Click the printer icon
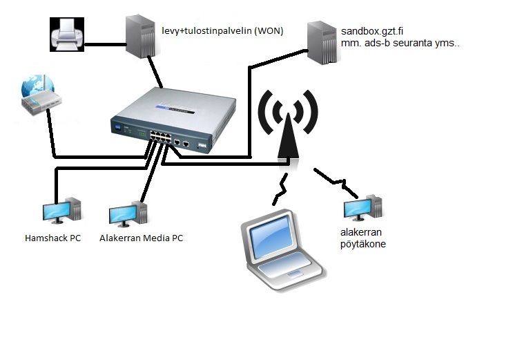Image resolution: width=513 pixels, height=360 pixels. (67, 35)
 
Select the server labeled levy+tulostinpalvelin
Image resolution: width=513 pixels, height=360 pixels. (141, 37)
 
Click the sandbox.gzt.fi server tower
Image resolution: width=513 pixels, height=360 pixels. (322, 43)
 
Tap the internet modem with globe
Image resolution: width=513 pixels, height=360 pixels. (41, 95)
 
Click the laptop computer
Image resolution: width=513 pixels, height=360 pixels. (282, 250)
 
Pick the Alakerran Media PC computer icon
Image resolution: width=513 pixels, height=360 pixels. (128, 214)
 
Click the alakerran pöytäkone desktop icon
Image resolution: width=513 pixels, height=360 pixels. (363, 208)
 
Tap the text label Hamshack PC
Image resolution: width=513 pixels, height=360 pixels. (52, 238)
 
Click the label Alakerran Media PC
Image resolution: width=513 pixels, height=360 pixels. (141, 238)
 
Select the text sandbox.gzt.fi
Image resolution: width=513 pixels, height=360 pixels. (372, 32)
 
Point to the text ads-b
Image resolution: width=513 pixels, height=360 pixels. (377, 44)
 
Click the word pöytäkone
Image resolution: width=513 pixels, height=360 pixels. (363, 244)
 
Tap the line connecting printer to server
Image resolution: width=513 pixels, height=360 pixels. (105, 44)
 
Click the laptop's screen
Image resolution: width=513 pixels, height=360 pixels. (270, 237)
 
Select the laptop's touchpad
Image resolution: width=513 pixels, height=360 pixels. (295, 274)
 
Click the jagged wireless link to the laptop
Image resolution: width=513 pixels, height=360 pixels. (280, 189)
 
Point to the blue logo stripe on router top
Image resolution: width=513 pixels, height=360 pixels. (175, 109)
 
